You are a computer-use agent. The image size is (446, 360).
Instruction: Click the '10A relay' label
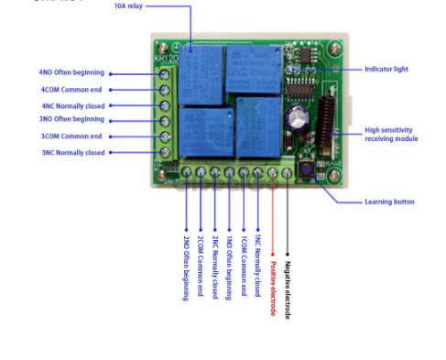point(128,6)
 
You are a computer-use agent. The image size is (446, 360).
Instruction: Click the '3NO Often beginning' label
point(71,119)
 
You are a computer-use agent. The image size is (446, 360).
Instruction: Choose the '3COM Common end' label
point(71,136)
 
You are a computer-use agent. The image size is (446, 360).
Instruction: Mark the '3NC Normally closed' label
point(72,152)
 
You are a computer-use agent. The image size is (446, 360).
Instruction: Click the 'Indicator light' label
point(386,69)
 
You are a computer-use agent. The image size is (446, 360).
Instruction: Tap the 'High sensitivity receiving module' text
point(390,135)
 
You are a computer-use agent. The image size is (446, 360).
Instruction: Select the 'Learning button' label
point(389,202)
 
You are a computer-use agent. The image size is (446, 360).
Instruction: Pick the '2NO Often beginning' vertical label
point(186,267)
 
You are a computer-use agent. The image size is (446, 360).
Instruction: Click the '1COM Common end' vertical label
point(244,265)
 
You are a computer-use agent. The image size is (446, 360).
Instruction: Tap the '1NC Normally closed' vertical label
point(257,265)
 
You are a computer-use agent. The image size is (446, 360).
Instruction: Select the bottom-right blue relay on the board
point(258,126)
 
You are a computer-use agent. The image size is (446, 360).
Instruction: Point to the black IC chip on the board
point(297,90)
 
